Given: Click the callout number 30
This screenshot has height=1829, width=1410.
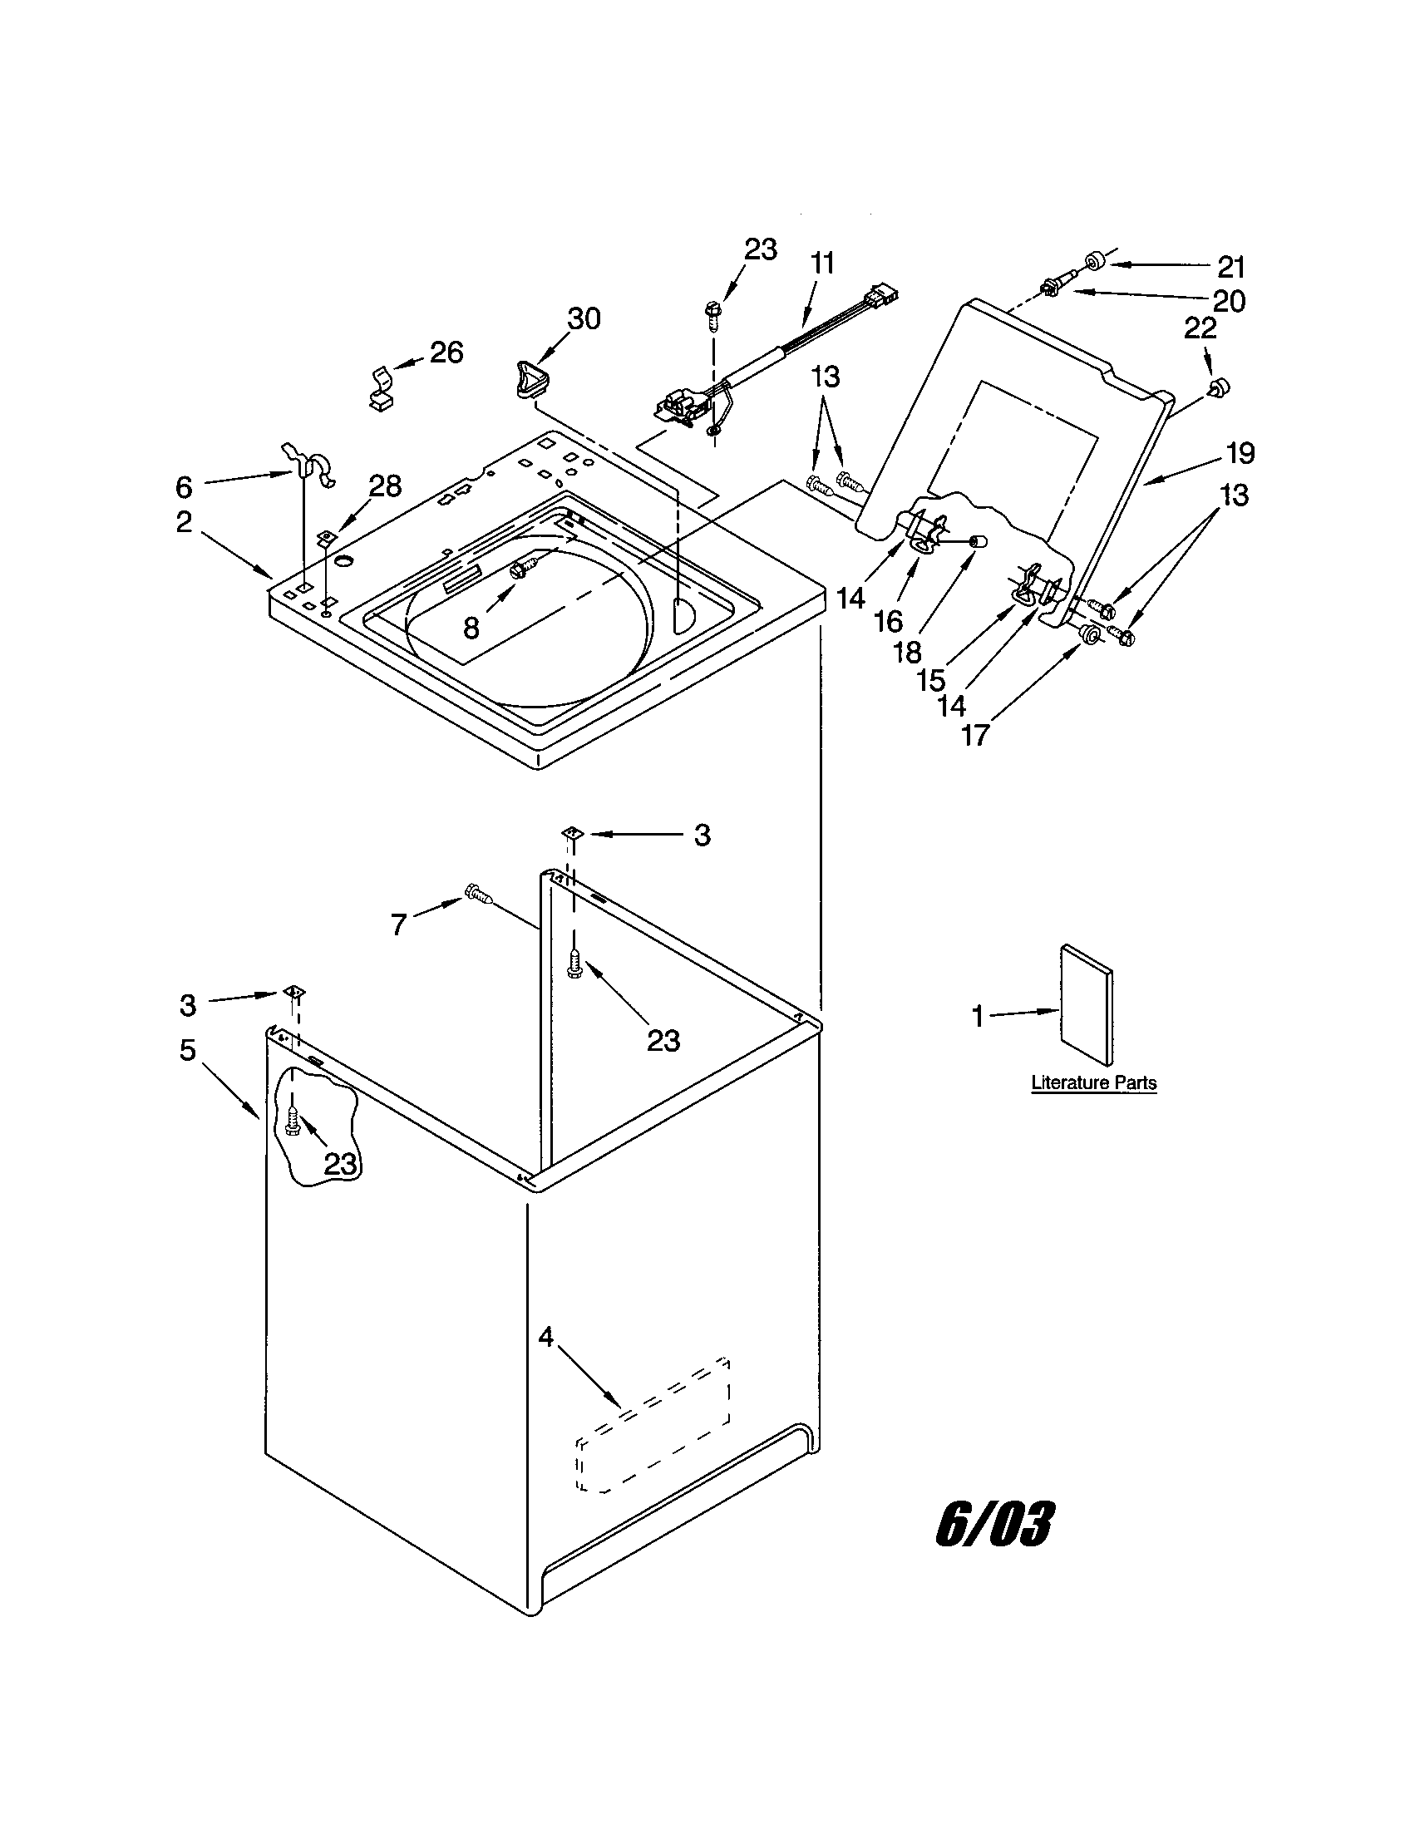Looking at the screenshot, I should pos(584,318).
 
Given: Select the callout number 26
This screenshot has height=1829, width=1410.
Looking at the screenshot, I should pos(446,352).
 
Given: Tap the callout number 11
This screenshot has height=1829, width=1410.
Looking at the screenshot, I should pos(822,264).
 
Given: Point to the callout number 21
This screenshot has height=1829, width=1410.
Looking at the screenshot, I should pos(1230,267).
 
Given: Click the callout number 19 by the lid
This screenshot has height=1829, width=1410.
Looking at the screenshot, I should pos(1241,453).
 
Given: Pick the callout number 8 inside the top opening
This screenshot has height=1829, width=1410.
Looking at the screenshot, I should pos(471,628).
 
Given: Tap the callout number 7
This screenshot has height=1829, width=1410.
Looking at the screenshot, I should pos(398,924).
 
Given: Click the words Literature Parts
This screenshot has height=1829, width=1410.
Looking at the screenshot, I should pos(1093,1082).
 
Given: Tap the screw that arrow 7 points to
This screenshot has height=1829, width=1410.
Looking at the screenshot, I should pos(478,895).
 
